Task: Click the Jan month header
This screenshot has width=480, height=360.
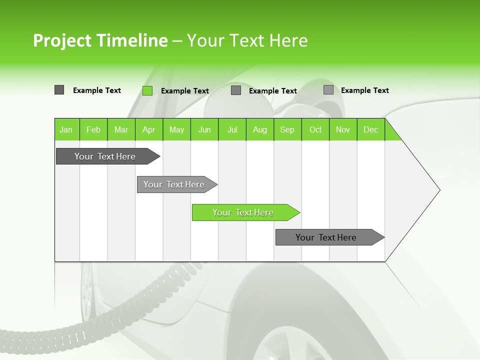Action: point(66,129)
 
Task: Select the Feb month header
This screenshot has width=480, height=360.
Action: point(93,129)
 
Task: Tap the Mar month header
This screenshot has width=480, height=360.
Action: point(121,129)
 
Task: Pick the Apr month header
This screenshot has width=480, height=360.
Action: point(149,129)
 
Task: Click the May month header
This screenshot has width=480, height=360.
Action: point(176,129)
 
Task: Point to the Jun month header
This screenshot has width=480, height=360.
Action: point(204,129)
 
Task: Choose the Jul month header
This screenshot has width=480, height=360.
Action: point(232,129)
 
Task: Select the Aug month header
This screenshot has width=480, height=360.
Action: point(260,129)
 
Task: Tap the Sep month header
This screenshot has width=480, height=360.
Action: point(287,129)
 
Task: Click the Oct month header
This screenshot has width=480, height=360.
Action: point(315,129)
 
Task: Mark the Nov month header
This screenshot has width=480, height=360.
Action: point(343,129)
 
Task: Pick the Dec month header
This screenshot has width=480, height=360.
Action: point(371,129)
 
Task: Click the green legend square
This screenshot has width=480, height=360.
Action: point(147,90)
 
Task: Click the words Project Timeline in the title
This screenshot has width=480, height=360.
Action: point(100,40)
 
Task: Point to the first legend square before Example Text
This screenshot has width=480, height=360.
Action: point(59,90)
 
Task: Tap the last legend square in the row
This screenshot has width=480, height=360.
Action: point(328,90)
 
